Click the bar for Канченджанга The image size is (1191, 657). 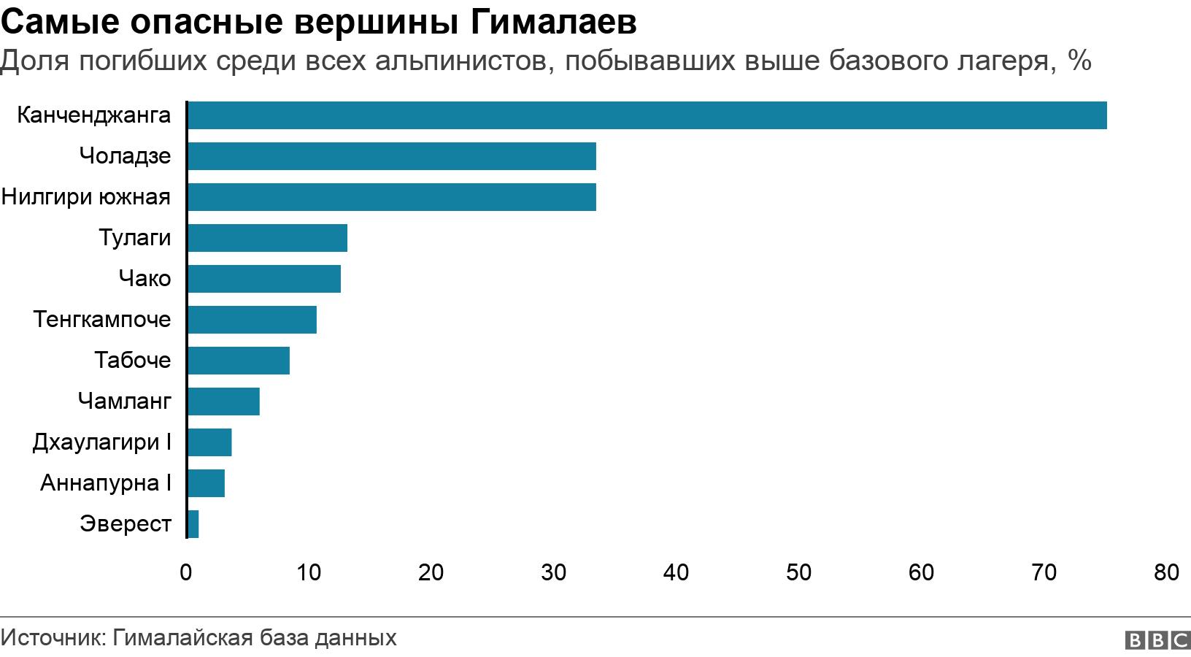pos(647,115)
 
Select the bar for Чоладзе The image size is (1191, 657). pos(391,156)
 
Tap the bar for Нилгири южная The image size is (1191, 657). pos(391,197)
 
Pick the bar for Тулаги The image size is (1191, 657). pos(267,238)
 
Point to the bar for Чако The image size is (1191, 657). pos(263,279)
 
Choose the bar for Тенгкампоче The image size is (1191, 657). pos(252,320)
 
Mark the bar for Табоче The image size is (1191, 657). pos(238,361)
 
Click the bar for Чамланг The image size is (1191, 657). pos(223,401)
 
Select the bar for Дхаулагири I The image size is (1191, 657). pos(209,442)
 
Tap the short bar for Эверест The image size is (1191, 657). pos(193,524)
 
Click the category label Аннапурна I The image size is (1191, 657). pos(106,483)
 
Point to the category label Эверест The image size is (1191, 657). pos(126,524)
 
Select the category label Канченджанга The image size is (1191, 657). pos(93,115)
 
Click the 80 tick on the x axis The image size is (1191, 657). pos(1166,572)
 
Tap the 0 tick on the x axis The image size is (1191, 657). pos(186,572)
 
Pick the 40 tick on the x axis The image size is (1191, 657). pos(676,572)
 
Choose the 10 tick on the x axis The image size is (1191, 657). pos(309,572)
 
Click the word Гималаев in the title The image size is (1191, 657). pos(554,23)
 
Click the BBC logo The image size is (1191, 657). pos(1157,640)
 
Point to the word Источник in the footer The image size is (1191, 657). pos(53,638)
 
